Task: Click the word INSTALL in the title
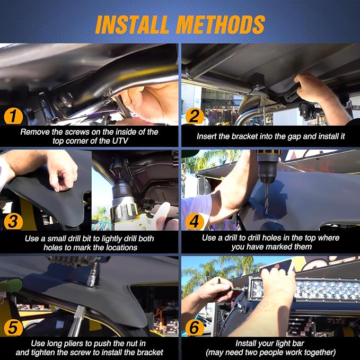pyautogui.click(x=132, y=24)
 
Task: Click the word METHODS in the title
pyautogui.click(x=221, y=24)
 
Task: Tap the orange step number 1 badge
pyautogui.click(x=13, y=116)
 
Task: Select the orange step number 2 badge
pyautogui.click(x=195, y=116)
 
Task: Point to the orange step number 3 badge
pyautogui.click(x=13, y=222)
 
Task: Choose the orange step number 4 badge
pyautogui.click(x=195, y=222)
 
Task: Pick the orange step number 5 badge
pyautogui.click(x=13, y=328)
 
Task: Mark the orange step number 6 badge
pyautogui.click(x=195, y=328)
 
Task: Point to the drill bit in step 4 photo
pyautogui.click(x=266, y=199)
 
